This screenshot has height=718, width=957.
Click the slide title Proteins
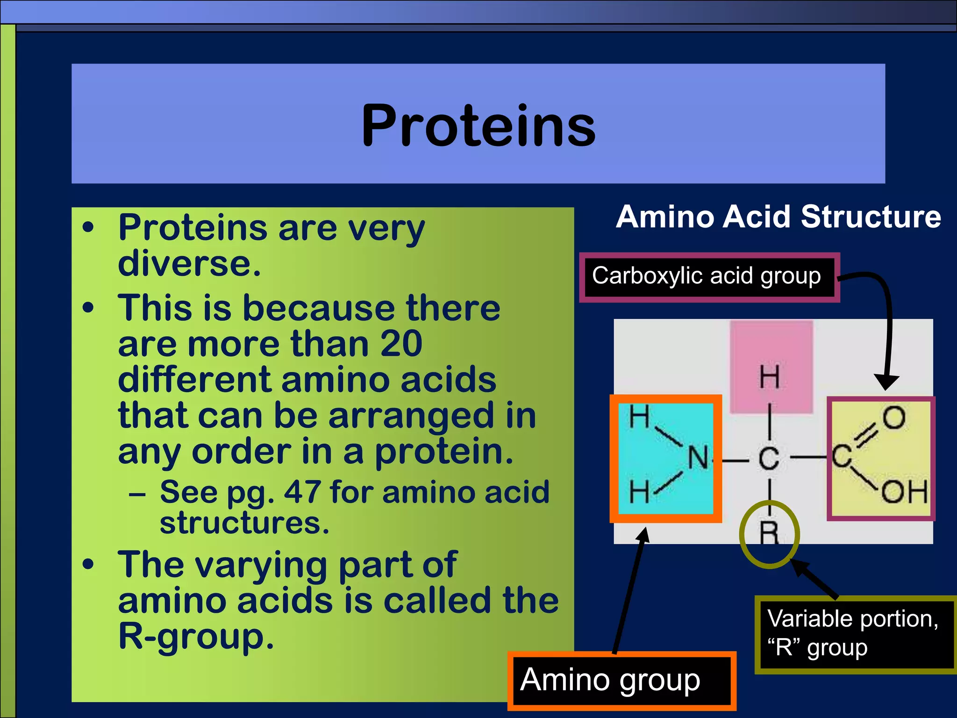478,125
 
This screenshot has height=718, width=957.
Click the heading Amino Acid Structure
778,217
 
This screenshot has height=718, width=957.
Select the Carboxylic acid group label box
708,277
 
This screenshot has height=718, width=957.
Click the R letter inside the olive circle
769,533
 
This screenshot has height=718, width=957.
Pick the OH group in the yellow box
904,492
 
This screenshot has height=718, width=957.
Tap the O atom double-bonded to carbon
893,417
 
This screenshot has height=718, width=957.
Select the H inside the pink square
770,378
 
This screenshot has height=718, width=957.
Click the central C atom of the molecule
769,459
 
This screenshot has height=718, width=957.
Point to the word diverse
189,264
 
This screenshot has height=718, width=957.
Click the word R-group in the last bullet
195,637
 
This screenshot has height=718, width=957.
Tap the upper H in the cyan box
639,416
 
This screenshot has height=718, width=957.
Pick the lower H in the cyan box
639,492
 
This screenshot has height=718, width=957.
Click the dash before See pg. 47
137,494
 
